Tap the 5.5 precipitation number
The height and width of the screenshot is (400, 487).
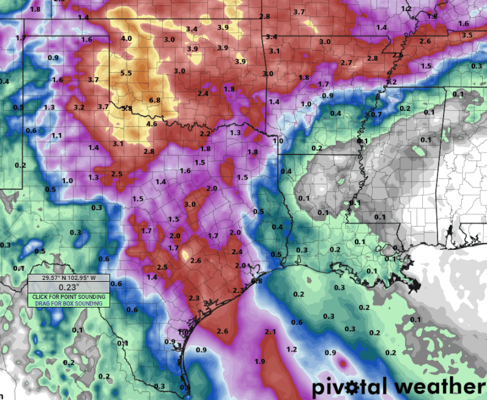(x=127, y=74)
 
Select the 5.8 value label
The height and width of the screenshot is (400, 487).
(x=127, y=108)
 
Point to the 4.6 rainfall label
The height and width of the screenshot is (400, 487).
(x=151, y=124)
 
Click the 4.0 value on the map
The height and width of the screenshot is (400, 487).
(x=126, y=39)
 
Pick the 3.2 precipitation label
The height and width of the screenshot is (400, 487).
(x=78, y=107)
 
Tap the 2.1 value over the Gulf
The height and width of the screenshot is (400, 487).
(x=271, y=331)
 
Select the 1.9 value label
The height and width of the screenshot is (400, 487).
(x=259, y=361)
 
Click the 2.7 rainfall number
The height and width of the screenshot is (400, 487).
(x=346, y=62)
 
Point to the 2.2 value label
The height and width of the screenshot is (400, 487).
(x=205, y=134)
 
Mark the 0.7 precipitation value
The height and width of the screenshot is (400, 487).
(x=376, y=115)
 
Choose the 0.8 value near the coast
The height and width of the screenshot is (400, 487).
(x=257, y=281)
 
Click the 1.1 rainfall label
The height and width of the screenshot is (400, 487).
(x=57, y=135)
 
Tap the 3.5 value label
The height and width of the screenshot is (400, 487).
(x=467, y=36)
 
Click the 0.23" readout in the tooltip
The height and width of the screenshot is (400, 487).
(x=69, y=287)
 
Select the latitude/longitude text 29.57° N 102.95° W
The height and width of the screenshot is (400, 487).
(x=69, y=277)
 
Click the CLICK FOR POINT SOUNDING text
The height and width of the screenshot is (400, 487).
(x=69, y=297)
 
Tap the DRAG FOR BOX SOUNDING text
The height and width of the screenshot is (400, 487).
(x=69, y=303)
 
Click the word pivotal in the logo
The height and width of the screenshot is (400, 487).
(x=350, y=387)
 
